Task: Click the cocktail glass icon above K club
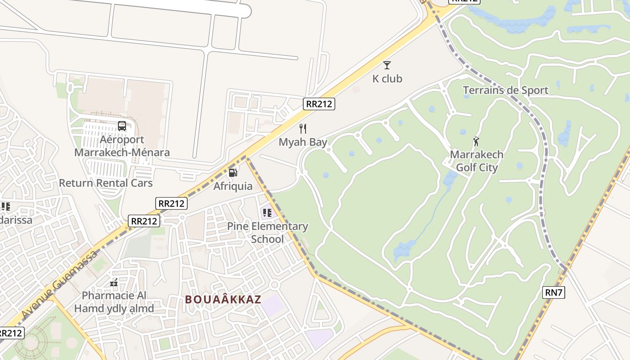coord(387,65)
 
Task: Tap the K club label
coord(387,79)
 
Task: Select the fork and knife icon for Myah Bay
coord(303,129)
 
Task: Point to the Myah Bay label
coord(303,142)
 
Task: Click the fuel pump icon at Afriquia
coord(233,172)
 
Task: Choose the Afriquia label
coord(233,186)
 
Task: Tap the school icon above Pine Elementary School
coord(267,212)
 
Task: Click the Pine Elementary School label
coord(267,232)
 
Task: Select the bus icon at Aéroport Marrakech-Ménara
coord(122,126)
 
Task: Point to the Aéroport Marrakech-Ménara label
coord(122,146)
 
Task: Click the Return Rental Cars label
coord(106,183)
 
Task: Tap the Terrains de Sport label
coord(506,90)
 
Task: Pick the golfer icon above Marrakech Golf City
coord(476,141)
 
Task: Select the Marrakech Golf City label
coord(477,161)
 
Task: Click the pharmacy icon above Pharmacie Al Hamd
coord(114,283)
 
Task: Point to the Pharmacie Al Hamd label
coord(114,302)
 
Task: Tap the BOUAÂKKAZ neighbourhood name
coord(223,299)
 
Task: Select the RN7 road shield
coord(553,292)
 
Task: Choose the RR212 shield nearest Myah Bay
coord(319,104)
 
